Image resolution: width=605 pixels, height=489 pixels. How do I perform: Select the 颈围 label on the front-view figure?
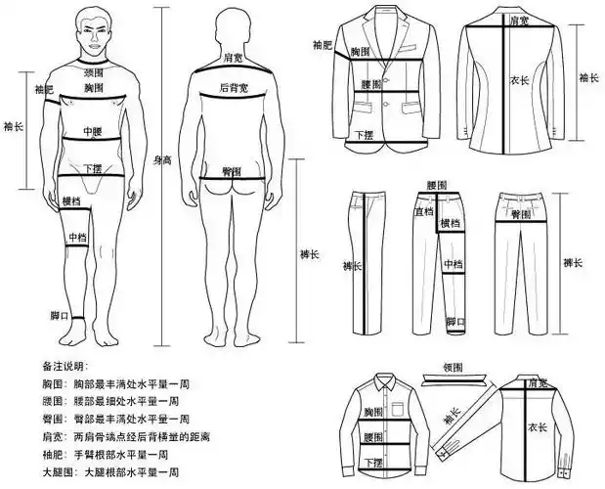[x=94, y=72]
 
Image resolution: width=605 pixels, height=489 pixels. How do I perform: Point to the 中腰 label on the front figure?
[x=93, y=131]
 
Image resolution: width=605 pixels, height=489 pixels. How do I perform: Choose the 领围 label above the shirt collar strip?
[x=451, y=370]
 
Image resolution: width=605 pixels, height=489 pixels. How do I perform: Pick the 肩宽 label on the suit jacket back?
[x=507, y=19]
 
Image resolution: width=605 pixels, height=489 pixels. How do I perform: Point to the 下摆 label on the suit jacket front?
[x=363, y=134]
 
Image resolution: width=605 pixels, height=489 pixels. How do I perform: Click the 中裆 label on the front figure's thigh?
[x=77, y=238]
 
